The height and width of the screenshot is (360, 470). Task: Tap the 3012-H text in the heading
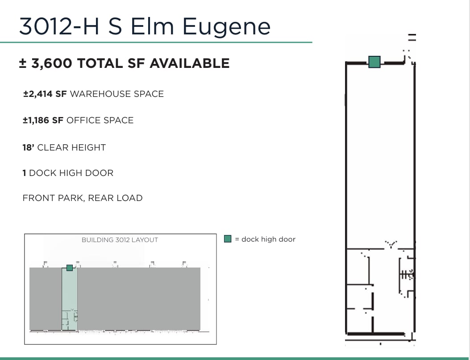59,26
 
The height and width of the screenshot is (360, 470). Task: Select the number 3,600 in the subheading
52,63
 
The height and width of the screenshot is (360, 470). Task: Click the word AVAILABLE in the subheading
189,63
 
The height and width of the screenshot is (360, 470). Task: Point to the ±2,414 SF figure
45,94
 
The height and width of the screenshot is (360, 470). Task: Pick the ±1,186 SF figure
43,120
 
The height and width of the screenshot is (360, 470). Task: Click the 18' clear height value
28,147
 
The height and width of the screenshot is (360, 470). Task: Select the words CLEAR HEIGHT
71,147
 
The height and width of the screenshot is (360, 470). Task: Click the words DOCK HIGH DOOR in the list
71,173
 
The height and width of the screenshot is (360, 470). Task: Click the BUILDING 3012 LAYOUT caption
120,240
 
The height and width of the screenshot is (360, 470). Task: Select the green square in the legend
228,239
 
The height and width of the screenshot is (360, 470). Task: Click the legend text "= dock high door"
265,239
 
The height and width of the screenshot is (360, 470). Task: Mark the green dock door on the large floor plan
374,62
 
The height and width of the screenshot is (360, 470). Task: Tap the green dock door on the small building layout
70,268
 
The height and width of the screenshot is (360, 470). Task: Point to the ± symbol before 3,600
23,63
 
